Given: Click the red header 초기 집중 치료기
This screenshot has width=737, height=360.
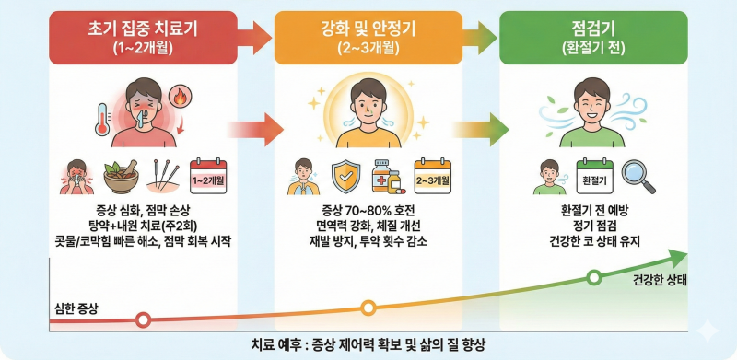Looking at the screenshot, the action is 143,38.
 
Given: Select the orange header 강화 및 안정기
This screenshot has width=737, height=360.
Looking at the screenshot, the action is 368,38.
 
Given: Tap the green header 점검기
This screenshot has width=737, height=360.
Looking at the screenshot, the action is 593,38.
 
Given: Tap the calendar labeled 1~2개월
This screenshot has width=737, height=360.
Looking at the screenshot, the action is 208,177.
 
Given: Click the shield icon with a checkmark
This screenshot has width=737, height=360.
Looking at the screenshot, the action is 345,177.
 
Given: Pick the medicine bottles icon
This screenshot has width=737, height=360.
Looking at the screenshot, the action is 388,177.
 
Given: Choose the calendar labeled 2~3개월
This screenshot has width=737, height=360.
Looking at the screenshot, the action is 432,177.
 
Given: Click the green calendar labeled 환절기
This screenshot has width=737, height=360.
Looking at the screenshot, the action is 594,177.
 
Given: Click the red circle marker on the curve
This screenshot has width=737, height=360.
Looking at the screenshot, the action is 143,320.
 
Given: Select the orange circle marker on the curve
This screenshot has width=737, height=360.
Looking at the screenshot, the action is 368,308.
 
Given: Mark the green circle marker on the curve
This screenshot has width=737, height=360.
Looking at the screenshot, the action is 594,278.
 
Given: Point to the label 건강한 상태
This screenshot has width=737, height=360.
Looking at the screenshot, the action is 654,282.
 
